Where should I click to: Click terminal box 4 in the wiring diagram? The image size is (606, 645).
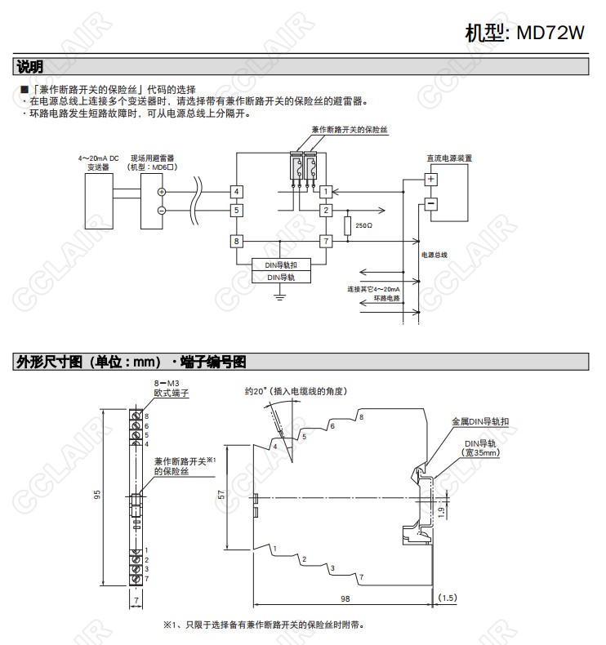[x=236, y=192]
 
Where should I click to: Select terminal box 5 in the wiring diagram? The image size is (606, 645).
[x=236, y=211]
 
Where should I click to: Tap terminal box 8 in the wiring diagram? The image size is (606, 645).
[x=236, y=241]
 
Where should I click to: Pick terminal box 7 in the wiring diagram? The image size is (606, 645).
[x=325, y=241]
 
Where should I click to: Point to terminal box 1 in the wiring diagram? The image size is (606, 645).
[x=325, y=192]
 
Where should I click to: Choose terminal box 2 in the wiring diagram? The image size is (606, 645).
[x=325, y=211]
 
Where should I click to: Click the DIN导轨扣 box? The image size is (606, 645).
[x=280, y=265]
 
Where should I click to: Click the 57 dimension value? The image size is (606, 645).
[x=221, y=495]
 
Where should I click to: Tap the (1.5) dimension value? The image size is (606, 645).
[x=448, y=598]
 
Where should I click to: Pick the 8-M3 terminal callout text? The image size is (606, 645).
[x=166, y=383]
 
